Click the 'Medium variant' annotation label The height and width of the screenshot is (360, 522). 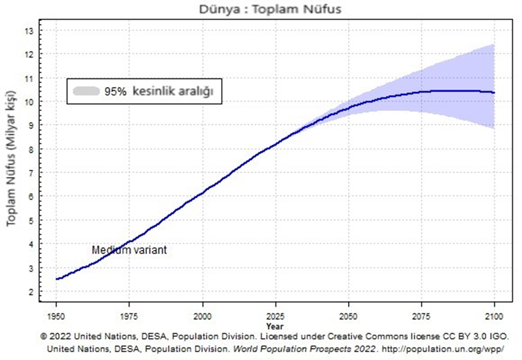(129, 251)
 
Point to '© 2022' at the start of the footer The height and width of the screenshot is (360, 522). (55, 336)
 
